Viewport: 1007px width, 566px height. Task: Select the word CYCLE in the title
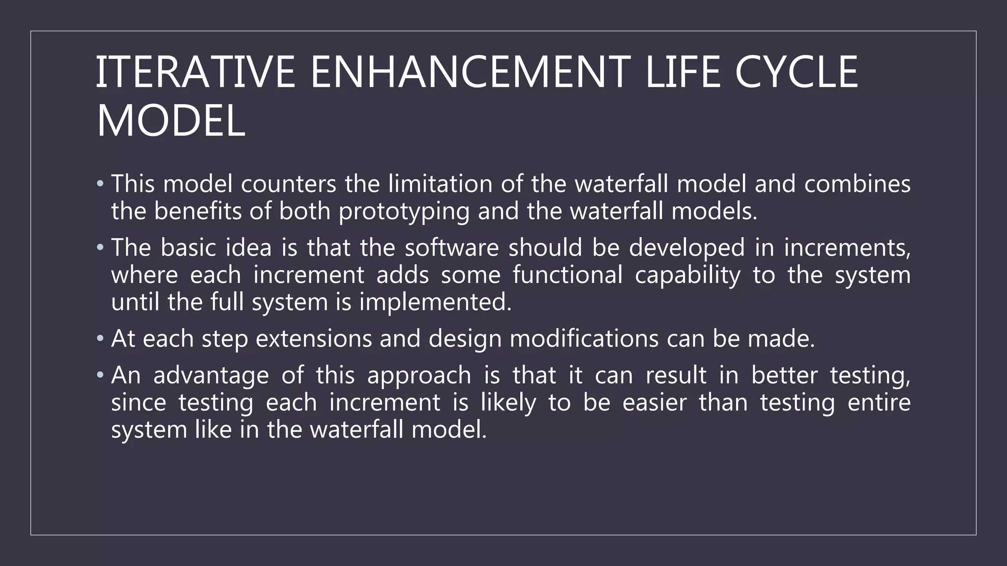tap(797, 72)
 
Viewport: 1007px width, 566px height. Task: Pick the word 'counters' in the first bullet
tap(289, 184)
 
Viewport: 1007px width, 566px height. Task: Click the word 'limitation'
tap(440, 184)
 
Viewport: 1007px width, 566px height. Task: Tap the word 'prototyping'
tap(404, 212)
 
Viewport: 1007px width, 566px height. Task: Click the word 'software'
tap(452, 247)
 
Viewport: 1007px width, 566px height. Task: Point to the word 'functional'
tap(567, 275)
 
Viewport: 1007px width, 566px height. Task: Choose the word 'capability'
tap(687, 275)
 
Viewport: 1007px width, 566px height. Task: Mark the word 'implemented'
tap(435, 302)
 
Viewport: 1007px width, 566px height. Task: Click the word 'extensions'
tap(314, 339)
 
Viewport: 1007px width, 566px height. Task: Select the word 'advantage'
tap(211, 375)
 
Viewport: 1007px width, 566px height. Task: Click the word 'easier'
tap(654, 403)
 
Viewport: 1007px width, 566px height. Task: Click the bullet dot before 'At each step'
tap(100, 338)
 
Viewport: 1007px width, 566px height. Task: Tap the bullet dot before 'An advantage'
tap(100, 375)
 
